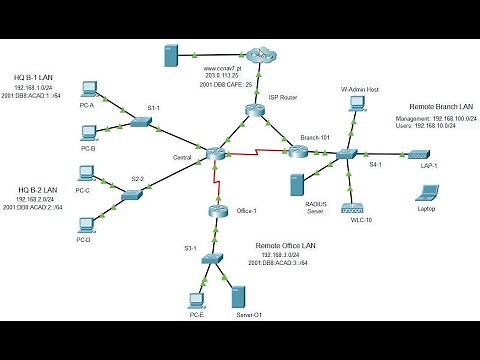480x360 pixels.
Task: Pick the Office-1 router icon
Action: tap(218, 210)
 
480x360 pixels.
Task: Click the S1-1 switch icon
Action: tap(140, 122)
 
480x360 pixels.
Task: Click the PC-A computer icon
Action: tap(88, 88)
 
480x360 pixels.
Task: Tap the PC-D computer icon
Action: tap(84, 224)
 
